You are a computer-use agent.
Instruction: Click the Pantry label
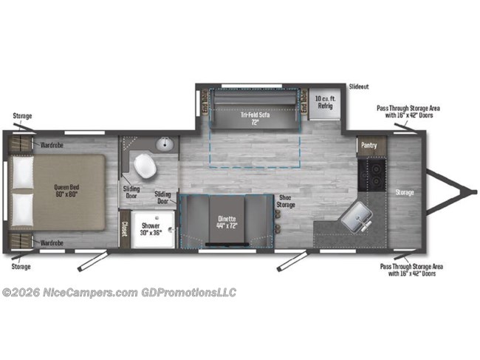tap(368, 146)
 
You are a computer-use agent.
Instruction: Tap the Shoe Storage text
tap(287, 201)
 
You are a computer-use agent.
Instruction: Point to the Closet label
tap(125, 229)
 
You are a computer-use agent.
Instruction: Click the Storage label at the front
tap(404, 193)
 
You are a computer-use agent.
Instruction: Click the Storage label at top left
tap(22, 116)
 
